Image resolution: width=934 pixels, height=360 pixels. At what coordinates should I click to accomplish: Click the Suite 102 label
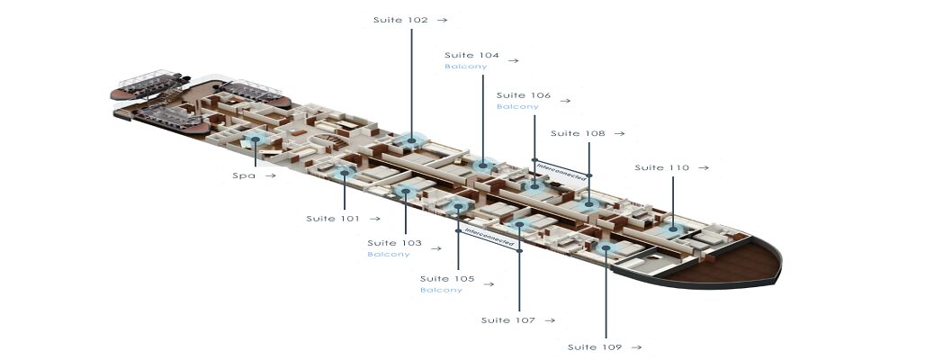pos(401,20)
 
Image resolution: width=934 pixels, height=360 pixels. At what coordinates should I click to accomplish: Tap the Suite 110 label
pos(661,167)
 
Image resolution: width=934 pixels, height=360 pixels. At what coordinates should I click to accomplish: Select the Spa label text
pos(244,175)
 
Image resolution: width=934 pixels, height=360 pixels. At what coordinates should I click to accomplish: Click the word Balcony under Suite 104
pos(466,67)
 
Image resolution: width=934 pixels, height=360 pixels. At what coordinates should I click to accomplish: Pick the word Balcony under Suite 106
pos(517,107)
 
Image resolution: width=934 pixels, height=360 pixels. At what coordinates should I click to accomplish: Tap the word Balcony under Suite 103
pos(389,255)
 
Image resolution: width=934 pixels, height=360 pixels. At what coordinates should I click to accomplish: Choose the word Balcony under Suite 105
pos(441,291)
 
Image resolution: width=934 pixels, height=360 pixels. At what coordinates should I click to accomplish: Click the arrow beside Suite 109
pos(636,347)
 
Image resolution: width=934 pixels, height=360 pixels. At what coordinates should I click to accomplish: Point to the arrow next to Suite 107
pos(550,320)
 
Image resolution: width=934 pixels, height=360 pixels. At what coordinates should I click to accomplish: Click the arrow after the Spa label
pos(271,175)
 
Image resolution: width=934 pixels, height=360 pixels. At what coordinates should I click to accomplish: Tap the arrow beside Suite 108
pos(619,133)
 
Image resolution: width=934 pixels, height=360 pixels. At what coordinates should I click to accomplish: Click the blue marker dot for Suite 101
pos(345,173)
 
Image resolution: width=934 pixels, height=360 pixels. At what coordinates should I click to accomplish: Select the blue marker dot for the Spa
pos(255,139)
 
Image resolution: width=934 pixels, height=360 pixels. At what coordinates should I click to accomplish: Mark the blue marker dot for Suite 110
pos(672,229)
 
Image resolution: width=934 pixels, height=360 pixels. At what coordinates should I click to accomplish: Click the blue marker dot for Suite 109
pos(606,247)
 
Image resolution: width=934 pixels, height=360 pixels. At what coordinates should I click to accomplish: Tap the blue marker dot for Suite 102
pos(411,140)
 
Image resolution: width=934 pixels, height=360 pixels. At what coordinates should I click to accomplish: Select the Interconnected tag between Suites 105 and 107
pos(489,238)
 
